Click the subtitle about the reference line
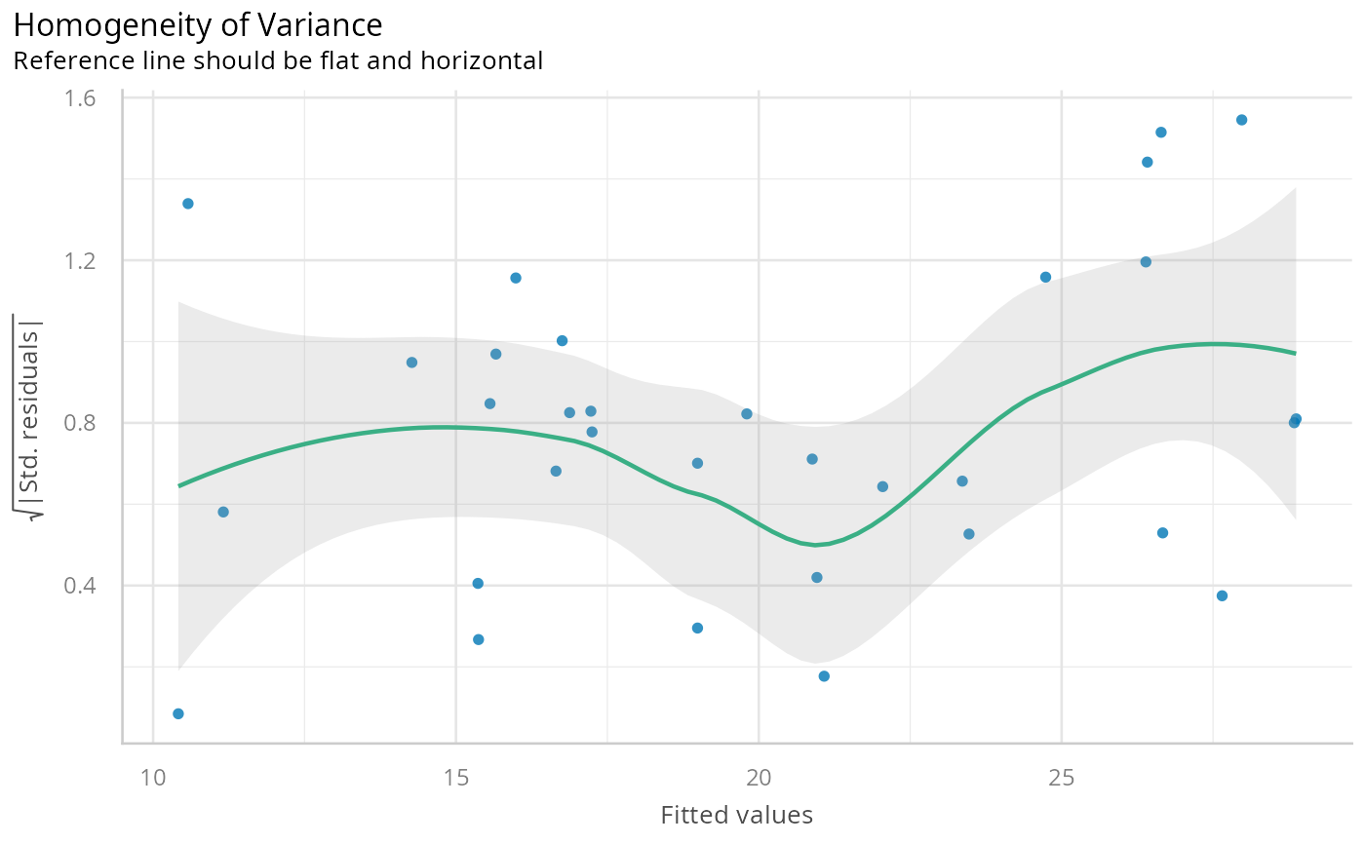click(x=277, y=61)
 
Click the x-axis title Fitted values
click(x=736, y=815)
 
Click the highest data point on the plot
click(x=1241, y=120)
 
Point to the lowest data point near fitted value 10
click(x=178, y=713)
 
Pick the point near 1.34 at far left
click(x=188, y=204)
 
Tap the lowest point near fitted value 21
click(x=824, y=676)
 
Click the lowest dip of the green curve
click(x=818, y=544)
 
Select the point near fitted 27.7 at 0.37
click(x=1222, y=595)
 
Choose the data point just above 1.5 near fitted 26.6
click(x=1161, y=133)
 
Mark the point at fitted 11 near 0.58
click(x=223, y=512)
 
